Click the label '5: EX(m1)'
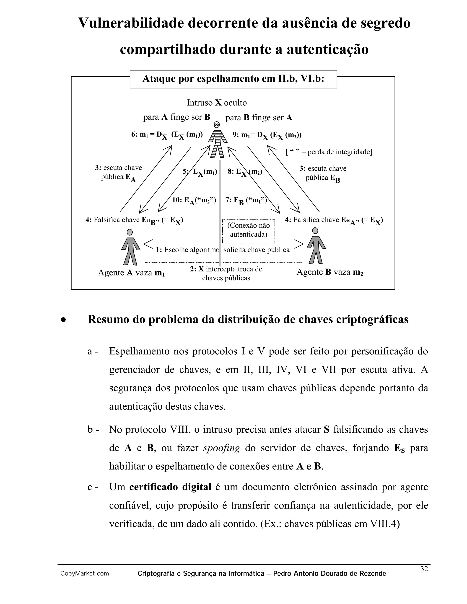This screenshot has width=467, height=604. tap(200, 172)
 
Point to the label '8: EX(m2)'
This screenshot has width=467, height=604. tap(245, 172)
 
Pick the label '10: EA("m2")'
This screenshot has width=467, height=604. tap(194, 201)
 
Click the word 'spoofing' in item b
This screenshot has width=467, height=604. tap(222, 448)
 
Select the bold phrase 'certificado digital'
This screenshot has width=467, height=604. tap(170, 487)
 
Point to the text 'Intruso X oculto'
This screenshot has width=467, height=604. tap(217, 103)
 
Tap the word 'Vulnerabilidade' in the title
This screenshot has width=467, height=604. tap(131, 23)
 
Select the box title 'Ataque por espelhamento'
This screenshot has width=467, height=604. tap(233, 79)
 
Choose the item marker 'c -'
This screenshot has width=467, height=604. tap(93, 487)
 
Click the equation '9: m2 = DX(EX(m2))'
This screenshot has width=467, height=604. tap(267, 135)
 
